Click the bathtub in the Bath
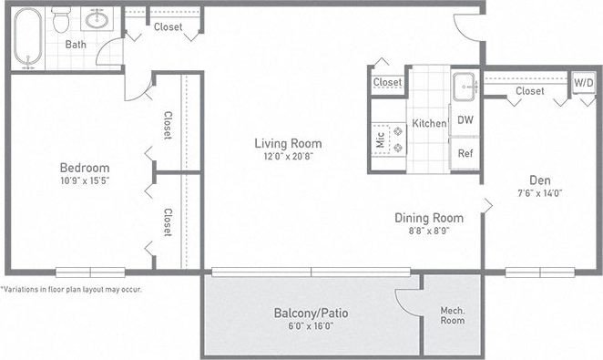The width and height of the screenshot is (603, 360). click(28, 37)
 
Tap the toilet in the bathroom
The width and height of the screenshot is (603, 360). click(62, 19)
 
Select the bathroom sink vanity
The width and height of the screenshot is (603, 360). click(96, 18)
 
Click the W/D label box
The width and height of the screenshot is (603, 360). click(581, 82)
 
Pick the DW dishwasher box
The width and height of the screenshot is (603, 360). click(465, 120)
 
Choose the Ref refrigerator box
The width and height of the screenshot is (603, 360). click(465, 153)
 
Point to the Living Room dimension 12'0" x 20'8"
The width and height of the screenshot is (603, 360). click(288, 158)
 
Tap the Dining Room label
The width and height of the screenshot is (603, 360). click(428, 218)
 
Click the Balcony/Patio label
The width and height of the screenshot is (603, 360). click(311, 314)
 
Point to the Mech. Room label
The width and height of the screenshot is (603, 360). click(453, 315)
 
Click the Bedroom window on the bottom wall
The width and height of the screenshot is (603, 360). click(89, 272)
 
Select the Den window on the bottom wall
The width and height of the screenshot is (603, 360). click(539, 272)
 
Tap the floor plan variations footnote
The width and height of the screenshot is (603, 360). click(71, 289)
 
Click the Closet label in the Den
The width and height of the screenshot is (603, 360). click(529, 91)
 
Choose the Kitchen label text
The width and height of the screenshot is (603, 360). click(429, 123)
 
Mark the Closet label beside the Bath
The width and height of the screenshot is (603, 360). click(168, 26)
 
